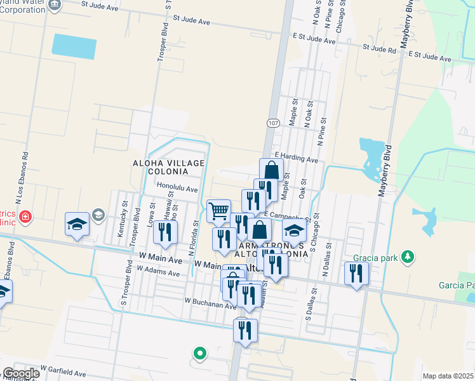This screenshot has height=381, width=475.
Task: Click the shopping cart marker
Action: pyautogui.click(x=218, y=211)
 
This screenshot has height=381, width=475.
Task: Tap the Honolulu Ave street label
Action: pyautogui.click(x=178, y=189)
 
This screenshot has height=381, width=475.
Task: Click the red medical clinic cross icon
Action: pyautogui.click(x=25, y=218)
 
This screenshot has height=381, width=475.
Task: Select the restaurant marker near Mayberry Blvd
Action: pyautogui.click(x=356, y=274)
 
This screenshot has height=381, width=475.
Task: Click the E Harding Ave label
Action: pyautogui.click(x=296, y=157)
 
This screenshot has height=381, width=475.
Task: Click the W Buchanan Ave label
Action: pyautogui.click(x=211, y=303)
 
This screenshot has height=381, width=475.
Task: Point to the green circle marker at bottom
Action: pyautogui.click(x=199, y=353)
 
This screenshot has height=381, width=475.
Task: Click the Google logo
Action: pyautogui.click(x=20, y=373)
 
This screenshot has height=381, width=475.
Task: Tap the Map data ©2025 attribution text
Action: pyautogui.click(x=448, y=376)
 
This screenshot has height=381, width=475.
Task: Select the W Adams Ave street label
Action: pyautogui.click(x=159, y=271)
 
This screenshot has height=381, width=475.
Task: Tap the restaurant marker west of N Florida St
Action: pyautogui.click(x=165, y=233)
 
